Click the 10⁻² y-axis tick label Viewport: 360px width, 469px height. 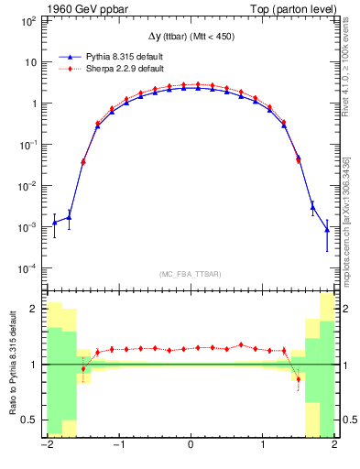[x=30, y=186]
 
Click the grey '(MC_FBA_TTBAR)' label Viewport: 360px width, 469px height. [x=191, y=274]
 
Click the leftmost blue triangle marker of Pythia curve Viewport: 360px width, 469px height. [x=54, y=223]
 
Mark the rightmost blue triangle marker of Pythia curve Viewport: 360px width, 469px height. [x=326, y=230]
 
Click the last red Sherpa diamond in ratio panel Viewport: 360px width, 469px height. [x=298, y=379]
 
